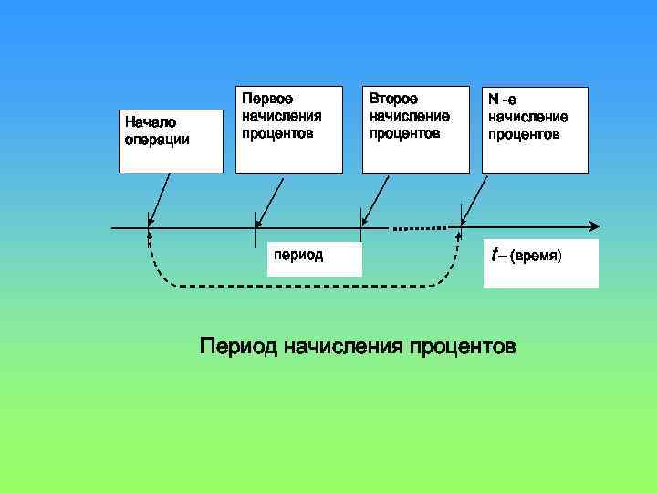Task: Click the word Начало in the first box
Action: pyautogui.click(x=151, y=122)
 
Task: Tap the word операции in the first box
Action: pyautogui.click(x=157, y=140)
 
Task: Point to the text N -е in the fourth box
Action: pyautogui.click(x=503, y=99)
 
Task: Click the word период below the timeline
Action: pyautogui.click(x=297, y=253)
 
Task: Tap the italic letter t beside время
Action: pyautogui.click(x=494, y=257)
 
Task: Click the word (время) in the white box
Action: pyautogui.click(x=537, y=257)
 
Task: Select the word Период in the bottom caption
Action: pyautogui.click(x=239, y=347)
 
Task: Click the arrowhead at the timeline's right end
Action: pyautogui.click(x=595, y=226)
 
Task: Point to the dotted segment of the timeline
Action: pyautogui.click(x=419, y=226)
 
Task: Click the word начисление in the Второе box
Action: pyautogui.click(x=410, y=115)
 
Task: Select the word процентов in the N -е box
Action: pyautogui.click(x=524, y=134)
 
